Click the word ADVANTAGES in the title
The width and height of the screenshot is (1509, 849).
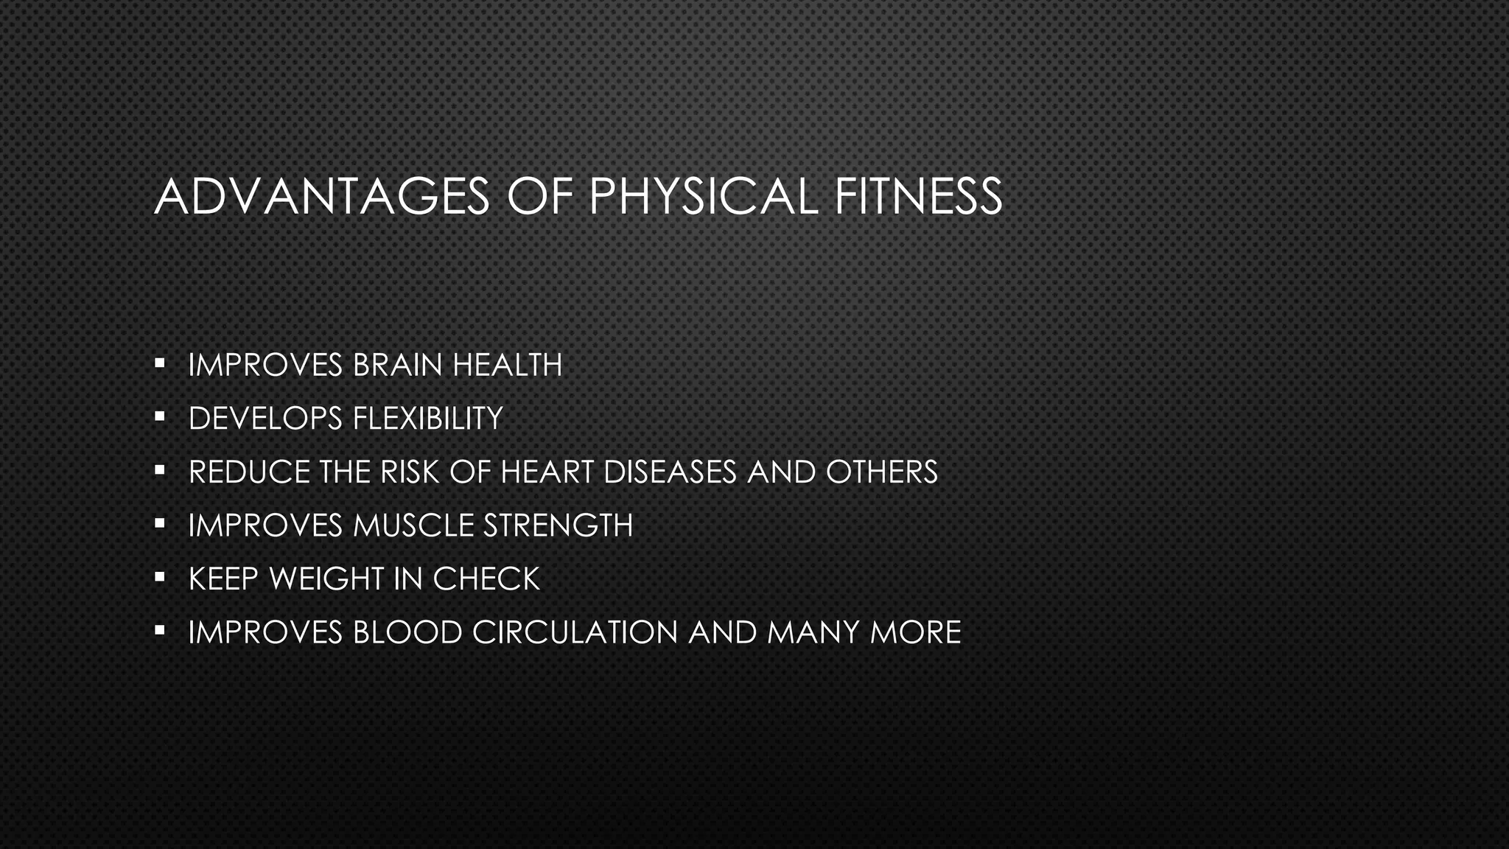click(322, 197)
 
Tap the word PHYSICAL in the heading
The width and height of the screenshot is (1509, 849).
click(704, 197)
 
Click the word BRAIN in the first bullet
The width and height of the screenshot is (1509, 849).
click(397, 366)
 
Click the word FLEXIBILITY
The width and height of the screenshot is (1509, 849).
click(427, 419)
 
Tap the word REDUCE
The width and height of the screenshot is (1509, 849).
click(249, 472)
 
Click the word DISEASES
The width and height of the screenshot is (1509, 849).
click(670, 472)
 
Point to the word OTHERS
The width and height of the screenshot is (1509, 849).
click(881, 472)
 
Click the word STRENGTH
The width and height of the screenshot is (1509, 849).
click(558, 525)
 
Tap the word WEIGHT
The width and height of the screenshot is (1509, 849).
click(326, 579)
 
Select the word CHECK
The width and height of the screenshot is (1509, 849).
click(486, 579)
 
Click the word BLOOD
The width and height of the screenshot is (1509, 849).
click(407, 632)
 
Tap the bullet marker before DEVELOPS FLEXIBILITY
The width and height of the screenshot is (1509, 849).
click(159, 416)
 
